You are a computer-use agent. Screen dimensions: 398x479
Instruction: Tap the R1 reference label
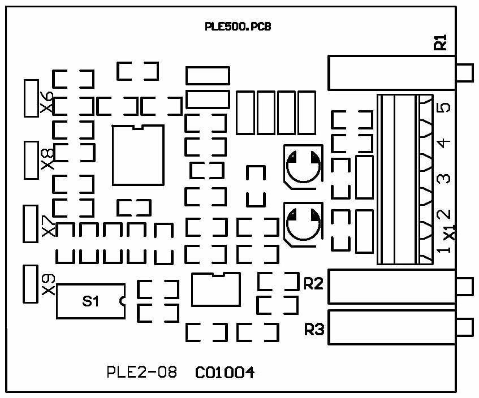coord(441,42)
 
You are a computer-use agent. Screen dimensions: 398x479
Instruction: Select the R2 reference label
coord(313,284)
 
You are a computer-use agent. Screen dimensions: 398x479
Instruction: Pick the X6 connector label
coord(48,102)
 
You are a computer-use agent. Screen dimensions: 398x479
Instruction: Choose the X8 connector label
coord(48,160)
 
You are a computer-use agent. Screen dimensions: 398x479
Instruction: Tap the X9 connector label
coord(48,284)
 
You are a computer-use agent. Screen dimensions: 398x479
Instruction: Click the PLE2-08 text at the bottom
coord(141,373)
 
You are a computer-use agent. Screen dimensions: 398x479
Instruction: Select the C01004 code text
coord(225,373)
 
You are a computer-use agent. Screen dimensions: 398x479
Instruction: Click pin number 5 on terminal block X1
coord(445,107)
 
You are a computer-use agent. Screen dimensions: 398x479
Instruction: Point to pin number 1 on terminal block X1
coord(445,249)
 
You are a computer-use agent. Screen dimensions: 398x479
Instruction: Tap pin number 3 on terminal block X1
coord(445,179)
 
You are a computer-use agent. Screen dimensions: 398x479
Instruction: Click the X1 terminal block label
coord(449,232)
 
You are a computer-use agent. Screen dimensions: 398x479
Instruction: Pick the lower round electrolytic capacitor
coord(301,224)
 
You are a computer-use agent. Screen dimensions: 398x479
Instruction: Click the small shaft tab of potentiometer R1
coord(465,72)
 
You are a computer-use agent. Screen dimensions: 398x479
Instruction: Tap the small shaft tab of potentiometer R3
coord(465,327)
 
